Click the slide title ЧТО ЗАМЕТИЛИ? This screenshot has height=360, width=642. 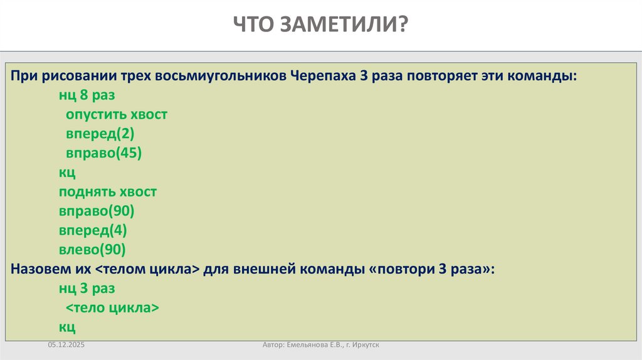(320, 25)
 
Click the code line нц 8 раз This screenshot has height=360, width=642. (87, 96)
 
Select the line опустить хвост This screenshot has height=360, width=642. (117, 115)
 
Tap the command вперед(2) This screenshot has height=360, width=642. (100, 134)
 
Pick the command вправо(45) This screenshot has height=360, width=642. (104, 153)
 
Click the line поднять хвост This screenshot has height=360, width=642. (108, 192)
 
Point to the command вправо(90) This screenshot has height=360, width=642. (97, 211)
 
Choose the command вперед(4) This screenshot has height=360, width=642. (93, 230)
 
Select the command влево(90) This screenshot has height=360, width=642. (93, 249)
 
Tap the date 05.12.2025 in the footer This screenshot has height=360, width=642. (65, 345)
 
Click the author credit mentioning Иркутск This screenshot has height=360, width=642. (322, 345)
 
